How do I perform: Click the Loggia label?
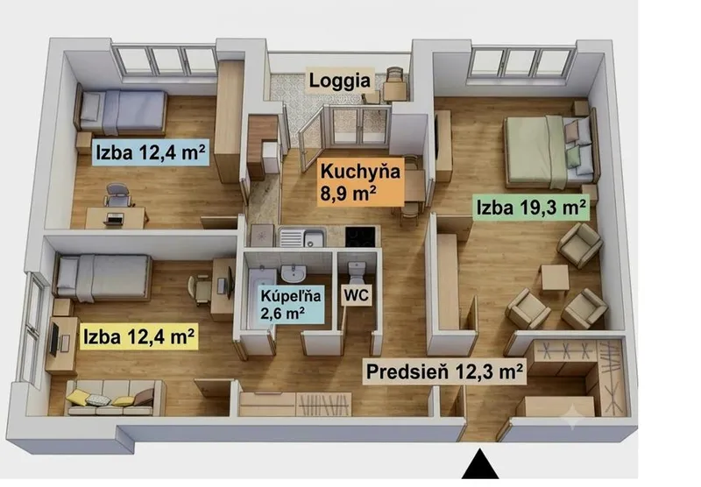pos(340,81)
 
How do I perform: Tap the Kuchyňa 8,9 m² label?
pos(360,183)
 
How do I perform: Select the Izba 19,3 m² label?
pos(531,208)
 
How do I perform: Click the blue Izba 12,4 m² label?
pos(151,152)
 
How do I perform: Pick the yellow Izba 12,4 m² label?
pos(139,336)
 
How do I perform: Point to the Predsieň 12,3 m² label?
pos(444,371)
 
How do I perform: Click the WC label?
pos(357,295)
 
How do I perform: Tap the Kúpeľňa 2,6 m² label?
pos(291,304)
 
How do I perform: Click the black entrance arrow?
pos(480,464)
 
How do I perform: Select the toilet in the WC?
pos(358,272)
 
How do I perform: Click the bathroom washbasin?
pos(294,272)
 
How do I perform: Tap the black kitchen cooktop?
pos(360,236)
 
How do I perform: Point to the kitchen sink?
pos(302,236)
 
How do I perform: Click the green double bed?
pos(550,151)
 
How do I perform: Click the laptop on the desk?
pos(114,218)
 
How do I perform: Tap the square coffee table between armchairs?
pos(555,278)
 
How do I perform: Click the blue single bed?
pos(122,112)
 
